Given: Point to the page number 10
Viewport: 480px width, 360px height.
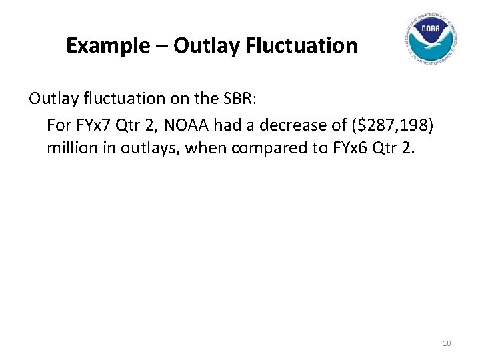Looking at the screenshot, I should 447,343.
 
